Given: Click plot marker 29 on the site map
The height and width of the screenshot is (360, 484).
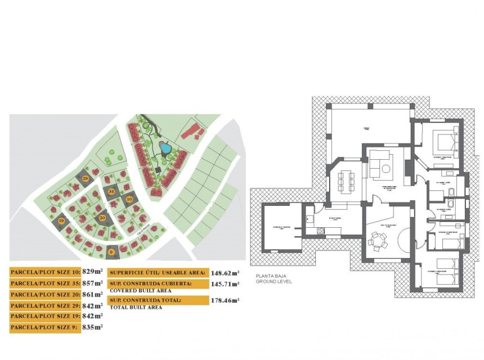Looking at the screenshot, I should tap(85, 178).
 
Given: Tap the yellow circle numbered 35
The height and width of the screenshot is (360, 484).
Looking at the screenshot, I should tap(111, 192).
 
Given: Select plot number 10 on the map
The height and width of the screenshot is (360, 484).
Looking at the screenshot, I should tap(129, 199).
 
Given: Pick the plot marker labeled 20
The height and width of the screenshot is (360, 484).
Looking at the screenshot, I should tap(102, 217).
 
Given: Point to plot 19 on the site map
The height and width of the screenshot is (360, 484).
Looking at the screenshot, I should tap(61, 222).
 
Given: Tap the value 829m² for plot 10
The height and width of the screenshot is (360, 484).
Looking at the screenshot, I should tap(92, 272).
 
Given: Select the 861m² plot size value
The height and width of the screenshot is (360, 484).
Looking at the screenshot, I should tap(92, 294).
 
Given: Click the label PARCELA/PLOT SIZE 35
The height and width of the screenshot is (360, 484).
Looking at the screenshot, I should tap(45, 283).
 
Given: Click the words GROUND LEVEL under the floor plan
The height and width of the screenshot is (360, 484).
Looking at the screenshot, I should tap(274, 281).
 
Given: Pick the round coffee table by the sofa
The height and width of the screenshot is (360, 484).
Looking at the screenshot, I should tap(386, 168).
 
